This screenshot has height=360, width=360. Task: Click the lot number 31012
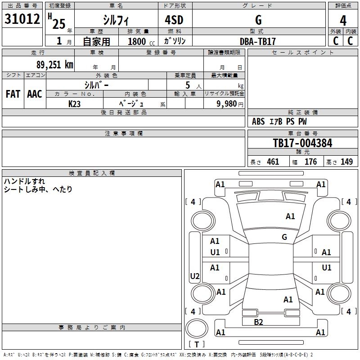pyautogui.click(x=22, y=18)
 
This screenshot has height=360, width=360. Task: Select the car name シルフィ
pyautogui.click(x=116, y=20)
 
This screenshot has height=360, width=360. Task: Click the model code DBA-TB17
pyautogui.click(x=258, y=41)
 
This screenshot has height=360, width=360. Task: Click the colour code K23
pyautogui.click(x=75, y=103)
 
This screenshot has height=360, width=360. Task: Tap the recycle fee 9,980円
pyautogui.click(x=229, y=103)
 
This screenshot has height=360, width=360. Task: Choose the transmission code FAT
pyautogui.click(x=13, y=94)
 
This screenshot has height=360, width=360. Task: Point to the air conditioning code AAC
pyautogui.click(x=35, y=94)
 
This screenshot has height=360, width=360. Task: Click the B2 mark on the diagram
pyautogui.click(x=258, y=322)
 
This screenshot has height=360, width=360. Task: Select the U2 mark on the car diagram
pyautogui.click(x=195, y=276)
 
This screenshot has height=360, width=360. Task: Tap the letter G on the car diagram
pyautogui.click(x=284, y=237)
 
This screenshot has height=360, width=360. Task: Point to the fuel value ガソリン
pyautogui.click(x=175, y=41)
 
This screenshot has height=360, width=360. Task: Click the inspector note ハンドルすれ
pyautogui.click(x=24, y=181)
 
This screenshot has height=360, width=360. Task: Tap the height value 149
pyautogui.click(x=346, y=162)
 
